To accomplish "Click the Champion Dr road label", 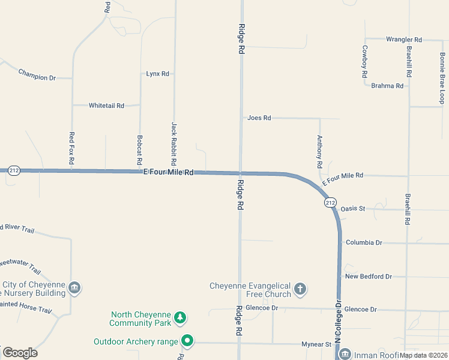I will pyautogui.click(x=37, y=74).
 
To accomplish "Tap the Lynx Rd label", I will pyautogui.click(x=158, y=74).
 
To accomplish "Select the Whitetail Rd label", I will pyautogui.click(x=106, y=106).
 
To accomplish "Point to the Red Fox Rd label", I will pyautogui.click(x=72, y=148).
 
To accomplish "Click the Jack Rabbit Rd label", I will pyautogui.click(x=174, y=144).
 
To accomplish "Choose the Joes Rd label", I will pyautogui.click(x=259, y=118).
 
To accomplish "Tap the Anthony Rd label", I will pyautogui.click(x=320, y=151).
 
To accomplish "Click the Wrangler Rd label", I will pyautogui.click(x=404, y=40).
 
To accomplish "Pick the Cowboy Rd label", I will pyautogui.click(x=364, y=62).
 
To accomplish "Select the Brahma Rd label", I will pyautogui.click(x=387, y=86).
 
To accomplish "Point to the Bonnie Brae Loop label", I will pyautogui.click(x=442, y=78).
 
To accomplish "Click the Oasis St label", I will pyautogui.click(x=353, y=209).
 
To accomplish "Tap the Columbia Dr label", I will pyautogui.click(x=364, y=242).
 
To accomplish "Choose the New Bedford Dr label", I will pyautogui.click(x=368, y=277).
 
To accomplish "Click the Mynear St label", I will pyautogui.click(x=316, y=344).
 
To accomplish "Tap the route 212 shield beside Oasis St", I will pyautogui.click(x=330, y=203).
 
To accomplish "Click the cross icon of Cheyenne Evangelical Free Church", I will pyautogui.click(x=300, y=290).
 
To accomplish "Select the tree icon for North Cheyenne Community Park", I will pyautogui.click(x=179, y=317).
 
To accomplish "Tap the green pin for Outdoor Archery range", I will pyautogui.click(x=187, y=341).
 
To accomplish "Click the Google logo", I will pyautogui.click(x=20, y=353).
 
